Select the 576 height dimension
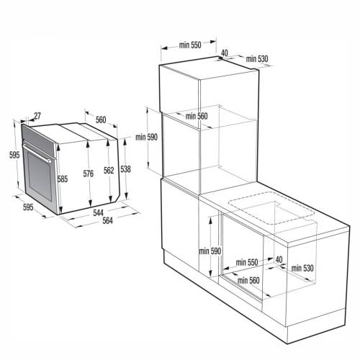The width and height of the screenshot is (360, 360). pyautogui.click(x=89, y=173)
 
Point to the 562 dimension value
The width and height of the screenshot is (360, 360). pyautogui.click(x=108, y=171)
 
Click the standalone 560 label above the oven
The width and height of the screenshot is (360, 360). pyautogui.click(x=101, y=120)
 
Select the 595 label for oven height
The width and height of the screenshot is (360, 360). pyautogui.click(x=14, y=155)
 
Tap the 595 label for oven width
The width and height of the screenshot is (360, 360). pyautogui.click(x=28, y=208)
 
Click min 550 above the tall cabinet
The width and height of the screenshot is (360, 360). pyautogui.click(x=191, y=46)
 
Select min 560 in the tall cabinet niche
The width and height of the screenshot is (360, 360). pyautogui.click(x=196, y=116)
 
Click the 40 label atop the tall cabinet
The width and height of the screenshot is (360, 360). pyautogui.click(x=225, y=53)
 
